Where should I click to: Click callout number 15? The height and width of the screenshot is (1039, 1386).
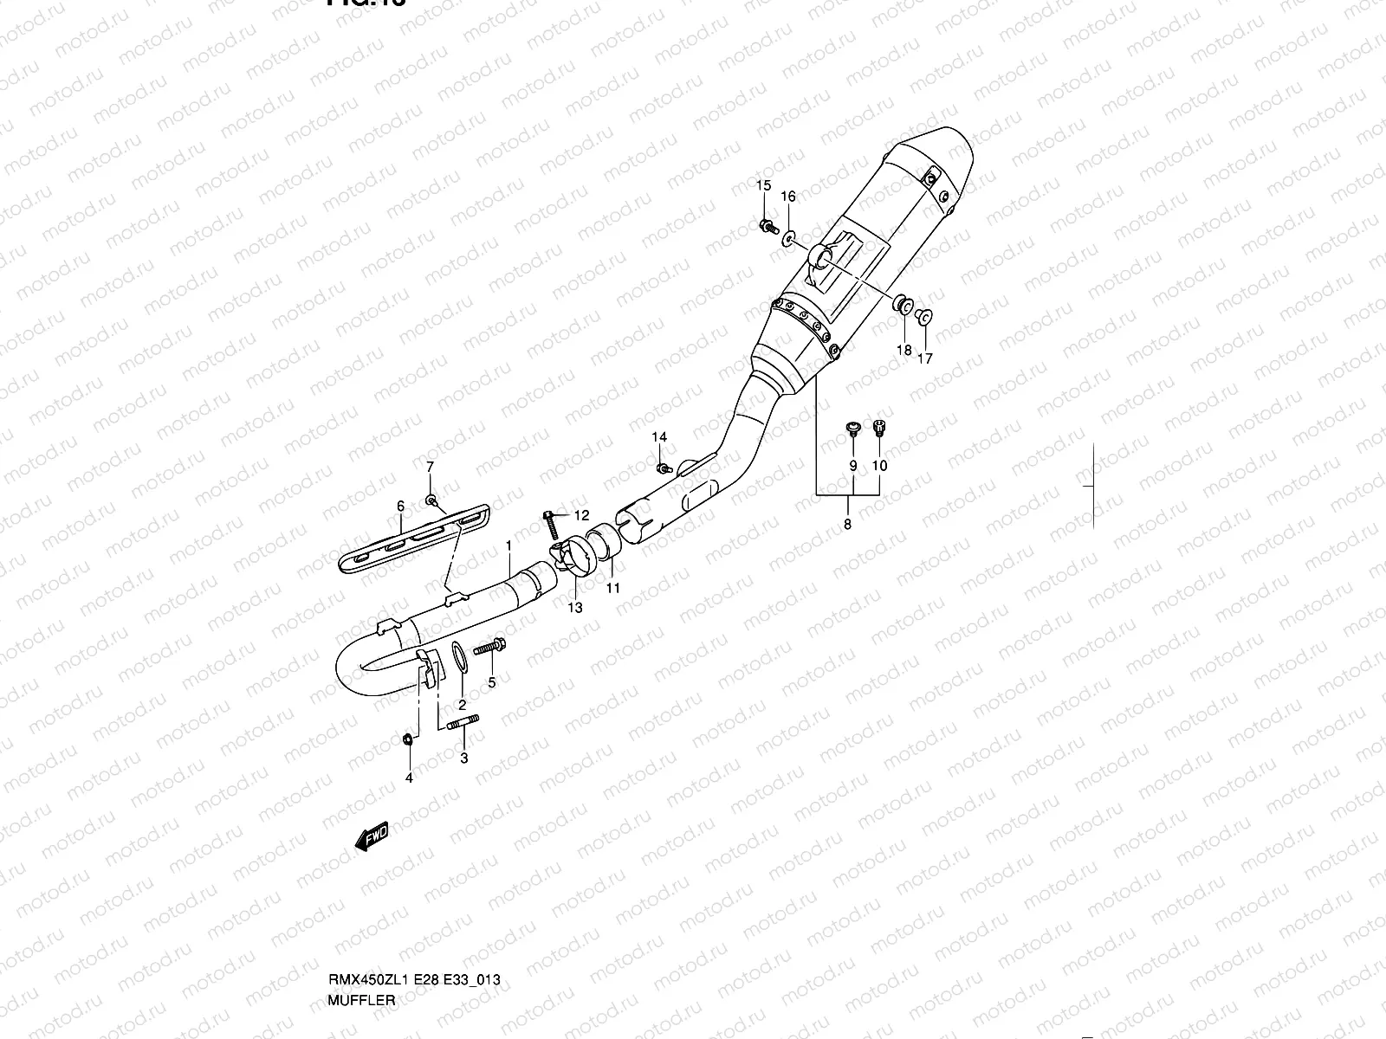pos(763,186)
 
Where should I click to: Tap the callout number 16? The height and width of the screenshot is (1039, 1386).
pos(788,197)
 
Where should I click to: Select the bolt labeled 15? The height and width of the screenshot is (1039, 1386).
pos(766,227)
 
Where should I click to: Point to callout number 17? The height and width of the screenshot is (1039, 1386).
pos(924,358)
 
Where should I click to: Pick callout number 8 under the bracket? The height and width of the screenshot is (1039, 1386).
pos(847,525)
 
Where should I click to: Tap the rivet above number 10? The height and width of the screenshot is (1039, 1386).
pos(879,426)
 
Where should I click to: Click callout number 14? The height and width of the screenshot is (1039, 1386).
pos(659,436)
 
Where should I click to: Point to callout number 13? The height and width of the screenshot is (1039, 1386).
pos(575,608)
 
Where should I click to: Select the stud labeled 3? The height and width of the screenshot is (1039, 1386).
pos(463,723)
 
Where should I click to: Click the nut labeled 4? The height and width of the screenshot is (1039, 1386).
pos(409,739)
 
